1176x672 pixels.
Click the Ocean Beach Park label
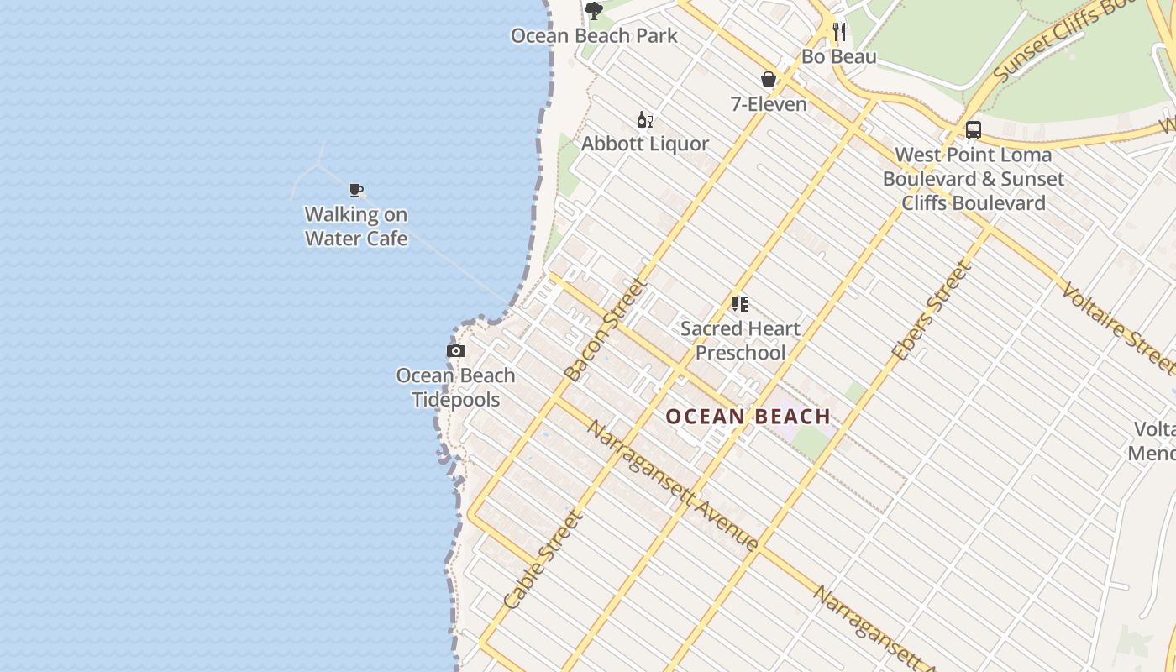coord(594,36)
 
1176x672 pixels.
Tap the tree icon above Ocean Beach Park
coord(594,11)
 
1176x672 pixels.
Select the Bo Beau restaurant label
coord(838,57)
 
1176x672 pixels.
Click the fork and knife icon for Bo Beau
coord(838,32)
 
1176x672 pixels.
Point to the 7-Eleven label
coord(768,104)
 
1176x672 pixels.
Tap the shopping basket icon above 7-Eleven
coord(768,80)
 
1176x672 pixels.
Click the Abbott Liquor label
coord(645,144)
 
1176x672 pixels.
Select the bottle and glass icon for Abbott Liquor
coord(644,120)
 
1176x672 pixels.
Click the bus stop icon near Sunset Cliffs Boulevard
coord(973,130)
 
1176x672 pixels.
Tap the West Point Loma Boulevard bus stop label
coord(973,179)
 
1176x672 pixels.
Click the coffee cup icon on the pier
coord(356,190)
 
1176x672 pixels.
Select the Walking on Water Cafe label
coord(356,227)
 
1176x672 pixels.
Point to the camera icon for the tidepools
coord(456,351)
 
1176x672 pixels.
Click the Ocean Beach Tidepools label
coord(456,387)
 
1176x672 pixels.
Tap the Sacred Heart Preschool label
coord(739,340)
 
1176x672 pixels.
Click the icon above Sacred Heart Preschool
coord(739,304)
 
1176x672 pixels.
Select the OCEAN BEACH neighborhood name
coord(748,417)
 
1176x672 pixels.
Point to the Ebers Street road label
coord(932,312)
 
